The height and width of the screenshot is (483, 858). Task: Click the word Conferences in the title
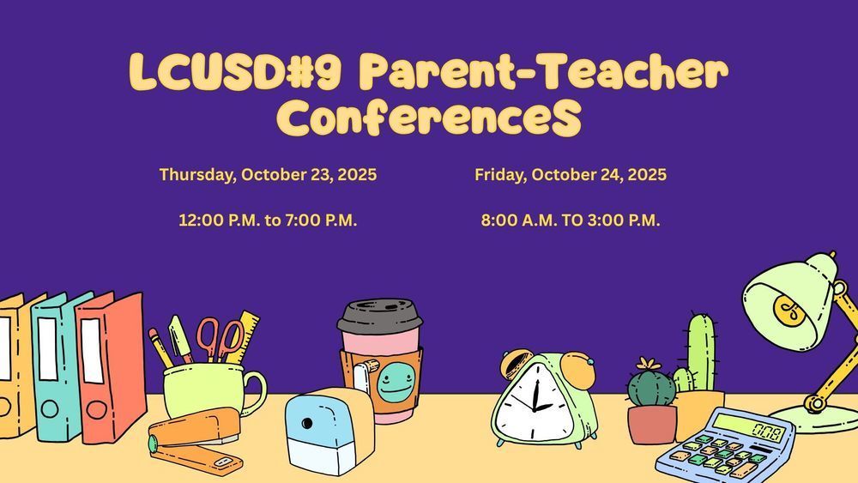click(428, 119)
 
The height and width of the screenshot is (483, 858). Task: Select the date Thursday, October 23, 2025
click(268, 175)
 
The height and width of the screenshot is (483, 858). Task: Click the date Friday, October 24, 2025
click(571, 175)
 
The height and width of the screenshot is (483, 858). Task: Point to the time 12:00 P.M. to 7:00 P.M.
click(268, 220)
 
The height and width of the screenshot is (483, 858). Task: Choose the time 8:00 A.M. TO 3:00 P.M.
click(571, 220)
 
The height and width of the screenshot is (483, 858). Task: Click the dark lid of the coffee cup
click(379, 317)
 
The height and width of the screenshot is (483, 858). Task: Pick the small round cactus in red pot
click(652, 387)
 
